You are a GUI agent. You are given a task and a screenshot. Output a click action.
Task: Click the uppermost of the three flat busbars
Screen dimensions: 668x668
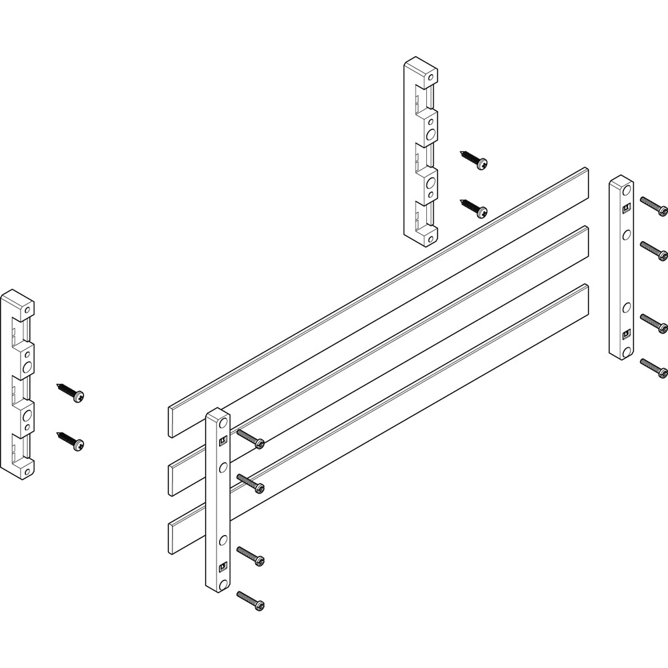tap(374, 294)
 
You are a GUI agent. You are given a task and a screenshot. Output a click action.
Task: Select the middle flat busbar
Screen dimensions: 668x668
tap(401, 341)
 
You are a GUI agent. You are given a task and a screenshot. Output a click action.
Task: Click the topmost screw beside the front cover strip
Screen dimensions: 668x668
tap(250, 438)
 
